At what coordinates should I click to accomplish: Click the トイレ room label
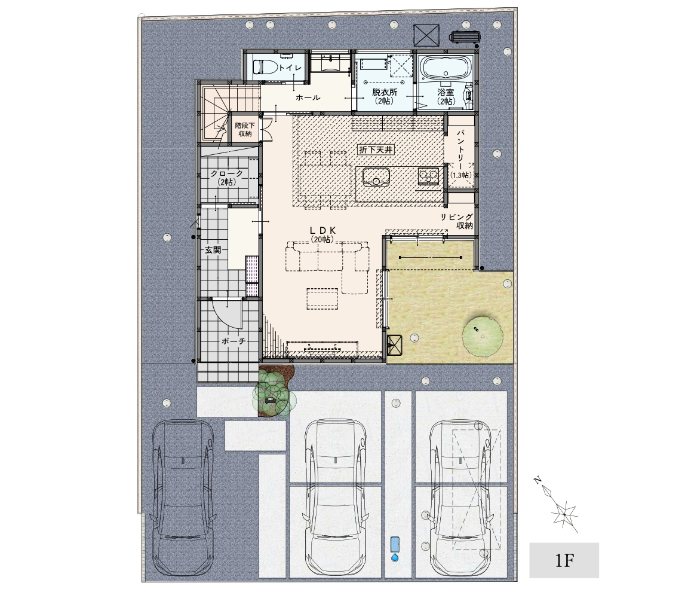click(290, 68)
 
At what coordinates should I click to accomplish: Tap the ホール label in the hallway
click(308, 97)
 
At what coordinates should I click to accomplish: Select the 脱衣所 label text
click(385, 92)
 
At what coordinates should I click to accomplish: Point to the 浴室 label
click(446, 92)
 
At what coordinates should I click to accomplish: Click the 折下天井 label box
click(376, 149)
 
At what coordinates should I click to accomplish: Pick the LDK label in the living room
click(322, 230)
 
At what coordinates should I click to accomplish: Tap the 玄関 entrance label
click(213, 250)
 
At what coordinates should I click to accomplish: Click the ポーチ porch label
click(234, 341)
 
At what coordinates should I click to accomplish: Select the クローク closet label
click(226, 173)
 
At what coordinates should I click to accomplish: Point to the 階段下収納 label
click(245, 130)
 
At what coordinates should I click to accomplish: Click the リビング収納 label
click(457, 221)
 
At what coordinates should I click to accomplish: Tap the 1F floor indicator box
click(564, 560)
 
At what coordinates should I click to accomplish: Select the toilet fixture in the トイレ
click(265, 68)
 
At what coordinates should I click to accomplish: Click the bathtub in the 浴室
click(446, 69)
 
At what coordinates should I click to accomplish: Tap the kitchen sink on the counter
click(376, 177)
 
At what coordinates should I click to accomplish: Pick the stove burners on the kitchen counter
click(428, 176)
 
